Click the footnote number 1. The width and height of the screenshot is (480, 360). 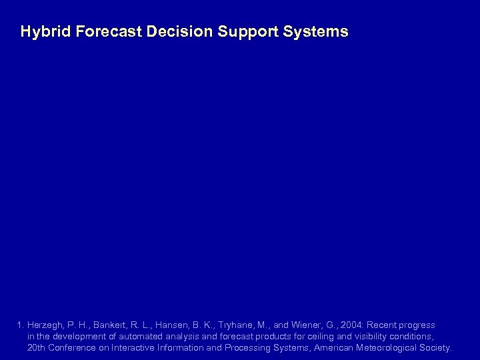tap(21, 325)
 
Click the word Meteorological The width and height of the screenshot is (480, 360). tap(383, 348)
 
